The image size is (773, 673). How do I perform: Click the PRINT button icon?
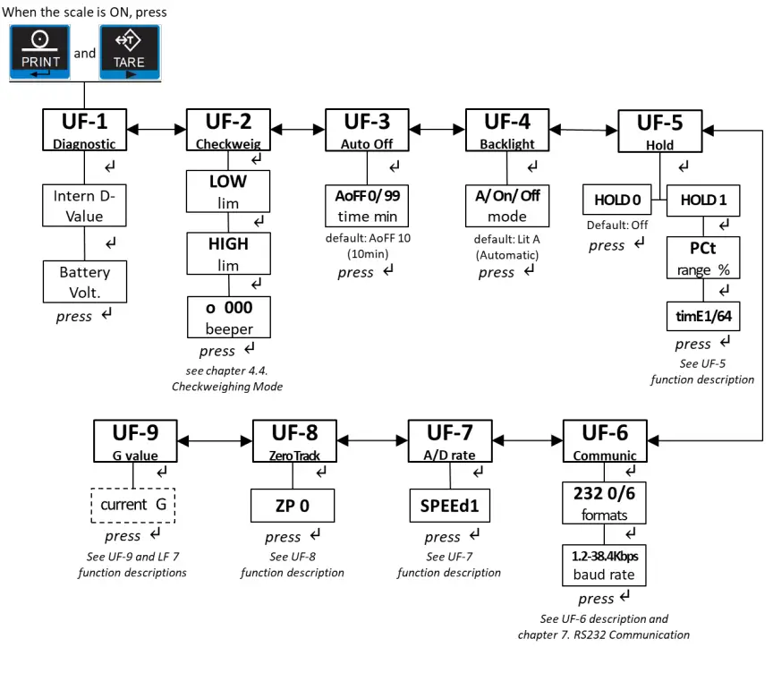coord(39,52)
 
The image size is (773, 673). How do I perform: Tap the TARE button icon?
coord(130,52)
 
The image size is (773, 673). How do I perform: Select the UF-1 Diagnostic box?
coord(84,130)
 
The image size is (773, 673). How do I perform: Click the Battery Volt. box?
coord(85,282)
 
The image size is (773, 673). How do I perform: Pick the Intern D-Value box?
coord(84,205)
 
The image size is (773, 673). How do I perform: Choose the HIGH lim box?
coord(228,253)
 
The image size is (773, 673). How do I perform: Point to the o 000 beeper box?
coord(229,317)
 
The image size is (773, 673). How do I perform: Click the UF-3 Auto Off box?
coord(367,130)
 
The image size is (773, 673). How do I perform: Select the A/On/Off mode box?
coord(506,206)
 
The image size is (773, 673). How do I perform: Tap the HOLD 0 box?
coord(616,200)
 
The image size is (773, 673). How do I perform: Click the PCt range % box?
coord(703,258)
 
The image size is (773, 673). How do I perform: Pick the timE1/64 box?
coord(703,316)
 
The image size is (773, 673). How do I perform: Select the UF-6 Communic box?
coord(605,441)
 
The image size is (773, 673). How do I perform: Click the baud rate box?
coord(604,565)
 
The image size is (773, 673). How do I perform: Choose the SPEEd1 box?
coord(450,506)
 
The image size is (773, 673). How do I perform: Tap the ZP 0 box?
coord(293,506)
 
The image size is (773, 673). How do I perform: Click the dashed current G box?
coord(133,505)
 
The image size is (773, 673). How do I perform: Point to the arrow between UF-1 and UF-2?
coord(157,130)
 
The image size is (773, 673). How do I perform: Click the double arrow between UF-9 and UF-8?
coord(215,441)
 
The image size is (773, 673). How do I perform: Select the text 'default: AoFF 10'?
coord(368,238)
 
